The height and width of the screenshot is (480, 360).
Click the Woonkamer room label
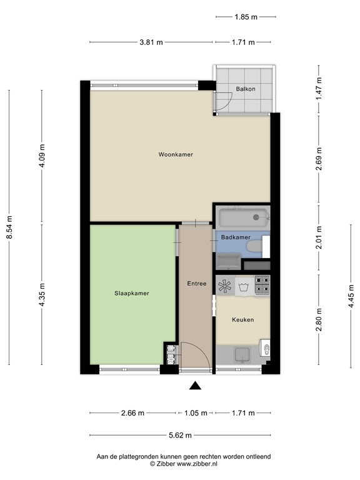tap(175, 154)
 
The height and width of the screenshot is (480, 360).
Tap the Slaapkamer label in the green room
tap(131, 292)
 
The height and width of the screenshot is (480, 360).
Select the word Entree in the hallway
tap(196, 283)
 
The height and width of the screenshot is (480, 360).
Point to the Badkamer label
tap(236, 237)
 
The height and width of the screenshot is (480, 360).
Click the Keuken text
tap(242, 319)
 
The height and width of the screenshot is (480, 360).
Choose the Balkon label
tap(246, 89)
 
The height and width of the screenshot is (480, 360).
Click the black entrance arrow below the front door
tap(196, 386)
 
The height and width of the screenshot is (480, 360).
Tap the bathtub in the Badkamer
tap(242, 218)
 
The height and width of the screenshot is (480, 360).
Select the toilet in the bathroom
tap(256, 247)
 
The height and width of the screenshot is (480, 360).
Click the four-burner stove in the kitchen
tap(261, 286)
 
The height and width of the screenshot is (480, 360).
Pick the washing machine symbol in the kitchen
tap(243, 286)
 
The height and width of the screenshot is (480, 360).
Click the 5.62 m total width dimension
tap(180, 435)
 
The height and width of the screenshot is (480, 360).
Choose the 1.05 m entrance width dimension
tap(195, 412)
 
